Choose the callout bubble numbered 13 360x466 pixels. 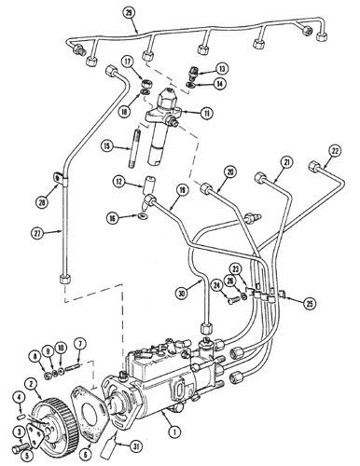(x=221, y=70)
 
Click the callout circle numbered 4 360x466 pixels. (x=18, y=400)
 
